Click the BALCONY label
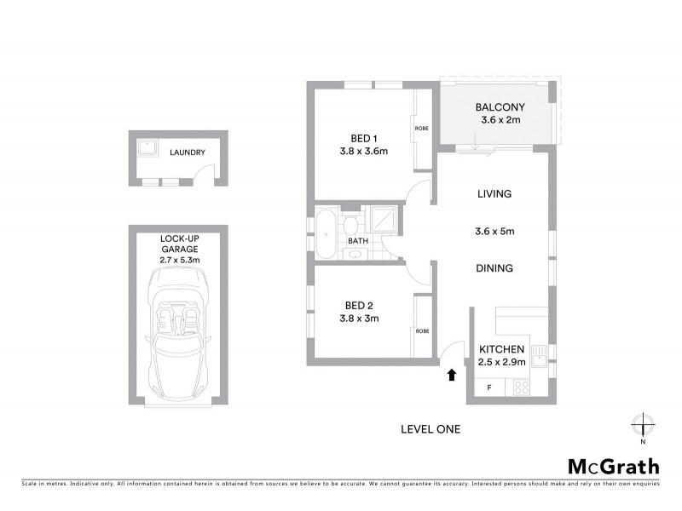point(500,107)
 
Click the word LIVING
point(494,194)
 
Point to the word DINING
point(494,268)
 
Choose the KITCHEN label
point(501,350)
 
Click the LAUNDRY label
point(187,153)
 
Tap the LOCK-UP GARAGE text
point(179,244)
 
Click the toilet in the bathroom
point(350,227)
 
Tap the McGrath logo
point(614,466)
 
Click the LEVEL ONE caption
point(431,429)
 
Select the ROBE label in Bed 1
point(421,129)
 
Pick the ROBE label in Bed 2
point(421,330)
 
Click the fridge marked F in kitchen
point(488,388)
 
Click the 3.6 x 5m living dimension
point(494,231)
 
